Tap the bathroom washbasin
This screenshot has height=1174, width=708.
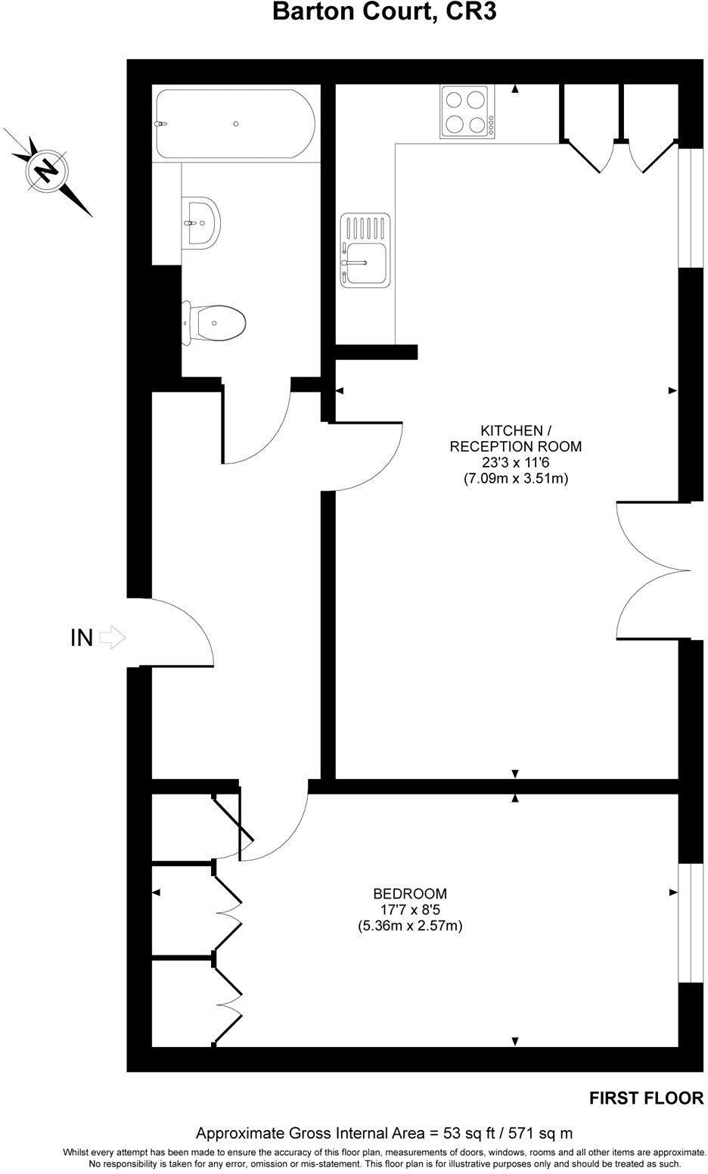pyautogui.click(x=200, y=222)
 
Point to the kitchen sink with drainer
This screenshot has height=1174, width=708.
pyautogui.click(x=366, y=250)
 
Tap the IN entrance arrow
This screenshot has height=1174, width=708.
pyautogui.click(x=112, y=637)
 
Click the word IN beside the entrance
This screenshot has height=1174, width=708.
pyautogui.click(x=81, y=638)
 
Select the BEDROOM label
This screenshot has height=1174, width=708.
pyautogui.click(x=410, y=893)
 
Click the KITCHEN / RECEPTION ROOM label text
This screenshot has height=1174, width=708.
pyautogui.click(x=515, y=438)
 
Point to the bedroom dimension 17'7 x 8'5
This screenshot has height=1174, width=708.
pyautogui.click(x=410, y=909)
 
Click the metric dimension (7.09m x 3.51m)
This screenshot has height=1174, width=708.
pyautogui.click(x=515, y=478)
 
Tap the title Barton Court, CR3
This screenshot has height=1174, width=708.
pyautogui.click(x=384, y=12)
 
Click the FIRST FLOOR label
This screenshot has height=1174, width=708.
pyautogui.click(x=646, y=1098)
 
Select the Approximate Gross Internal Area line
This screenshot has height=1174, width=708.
pyautogui.click(x=384, y=1133)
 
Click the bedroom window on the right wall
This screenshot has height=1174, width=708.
pyautogui.click(x=689, y=922)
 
